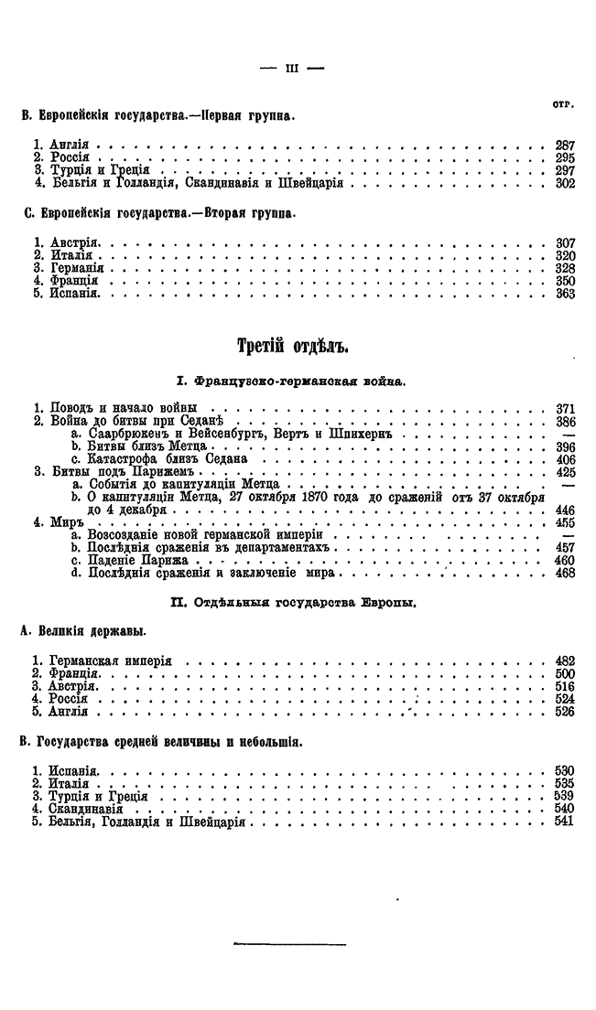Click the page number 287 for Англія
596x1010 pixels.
click(564, 145)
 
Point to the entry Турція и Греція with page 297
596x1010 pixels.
click(98, 170)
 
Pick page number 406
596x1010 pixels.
click(564, 458)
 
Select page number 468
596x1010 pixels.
click(564, 573)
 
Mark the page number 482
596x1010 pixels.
click(564, 660)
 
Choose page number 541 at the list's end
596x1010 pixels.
click(564, 822)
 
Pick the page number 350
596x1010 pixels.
click(564, 281)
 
